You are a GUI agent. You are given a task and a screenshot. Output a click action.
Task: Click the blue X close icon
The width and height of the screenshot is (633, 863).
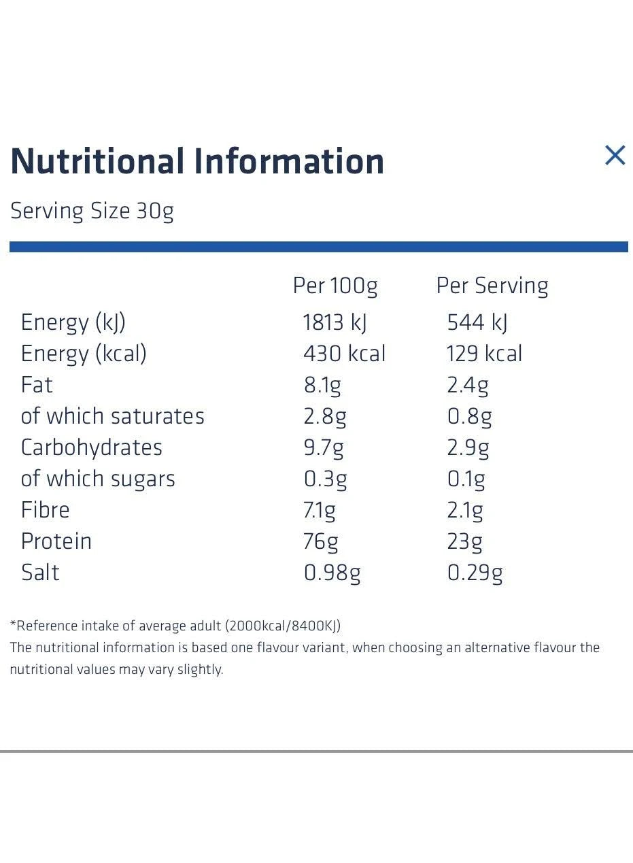click(615, 156)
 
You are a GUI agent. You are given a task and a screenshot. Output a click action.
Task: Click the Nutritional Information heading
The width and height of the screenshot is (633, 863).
click(197, 161)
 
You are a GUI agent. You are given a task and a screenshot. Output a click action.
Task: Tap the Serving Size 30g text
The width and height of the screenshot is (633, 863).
click(92, 211)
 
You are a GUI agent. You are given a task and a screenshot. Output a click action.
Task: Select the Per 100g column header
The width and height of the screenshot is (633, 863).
click(335, 286)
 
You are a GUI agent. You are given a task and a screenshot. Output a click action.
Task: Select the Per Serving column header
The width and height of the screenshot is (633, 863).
click(492, 286)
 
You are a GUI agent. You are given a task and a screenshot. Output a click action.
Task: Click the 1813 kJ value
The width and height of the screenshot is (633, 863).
click(335, 322)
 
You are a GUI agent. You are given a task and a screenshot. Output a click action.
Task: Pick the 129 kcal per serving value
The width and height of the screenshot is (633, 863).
click(484, 354)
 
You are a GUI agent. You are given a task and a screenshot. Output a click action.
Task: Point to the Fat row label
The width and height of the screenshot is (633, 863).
click(37, 385)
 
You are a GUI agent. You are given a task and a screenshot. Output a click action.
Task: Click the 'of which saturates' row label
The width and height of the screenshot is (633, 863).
click(112, 416)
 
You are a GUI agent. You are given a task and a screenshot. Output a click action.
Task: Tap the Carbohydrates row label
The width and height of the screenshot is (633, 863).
click(92, 447)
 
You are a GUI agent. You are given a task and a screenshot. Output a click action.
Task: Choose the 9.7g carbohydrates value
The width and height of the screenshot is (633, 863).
click(324, 447)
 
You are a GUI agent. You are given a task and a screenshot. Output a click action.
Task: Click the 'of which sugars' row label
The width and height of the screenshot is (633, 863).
click(98, 479)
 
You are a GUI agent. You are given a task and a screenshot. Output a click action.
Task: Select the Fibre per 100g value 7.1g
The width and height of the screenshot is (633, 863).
click(320, 510)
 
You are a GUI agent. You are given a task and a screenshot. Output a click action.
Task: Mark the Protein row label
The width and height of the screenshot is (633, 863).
click(56, 541)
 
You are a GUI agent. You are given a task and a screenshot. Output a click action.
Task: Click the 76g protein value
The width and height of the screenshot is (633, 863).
click(321, 541)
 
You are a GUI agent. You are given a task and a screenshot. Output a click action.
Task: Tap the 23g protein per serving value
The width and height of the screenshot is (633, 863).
click(464, 541)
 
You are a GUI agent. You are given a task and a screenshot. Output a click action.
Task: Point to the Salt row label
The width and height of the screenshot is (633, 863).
click(40, 573)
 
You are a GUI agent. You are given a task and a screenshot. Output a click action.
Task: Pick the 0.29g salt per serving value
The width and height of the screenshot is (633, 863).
click(475, 573)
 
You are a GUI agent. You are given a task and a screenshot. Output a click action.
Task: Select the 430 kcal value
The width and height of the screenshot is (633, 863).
click(344, 354)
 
